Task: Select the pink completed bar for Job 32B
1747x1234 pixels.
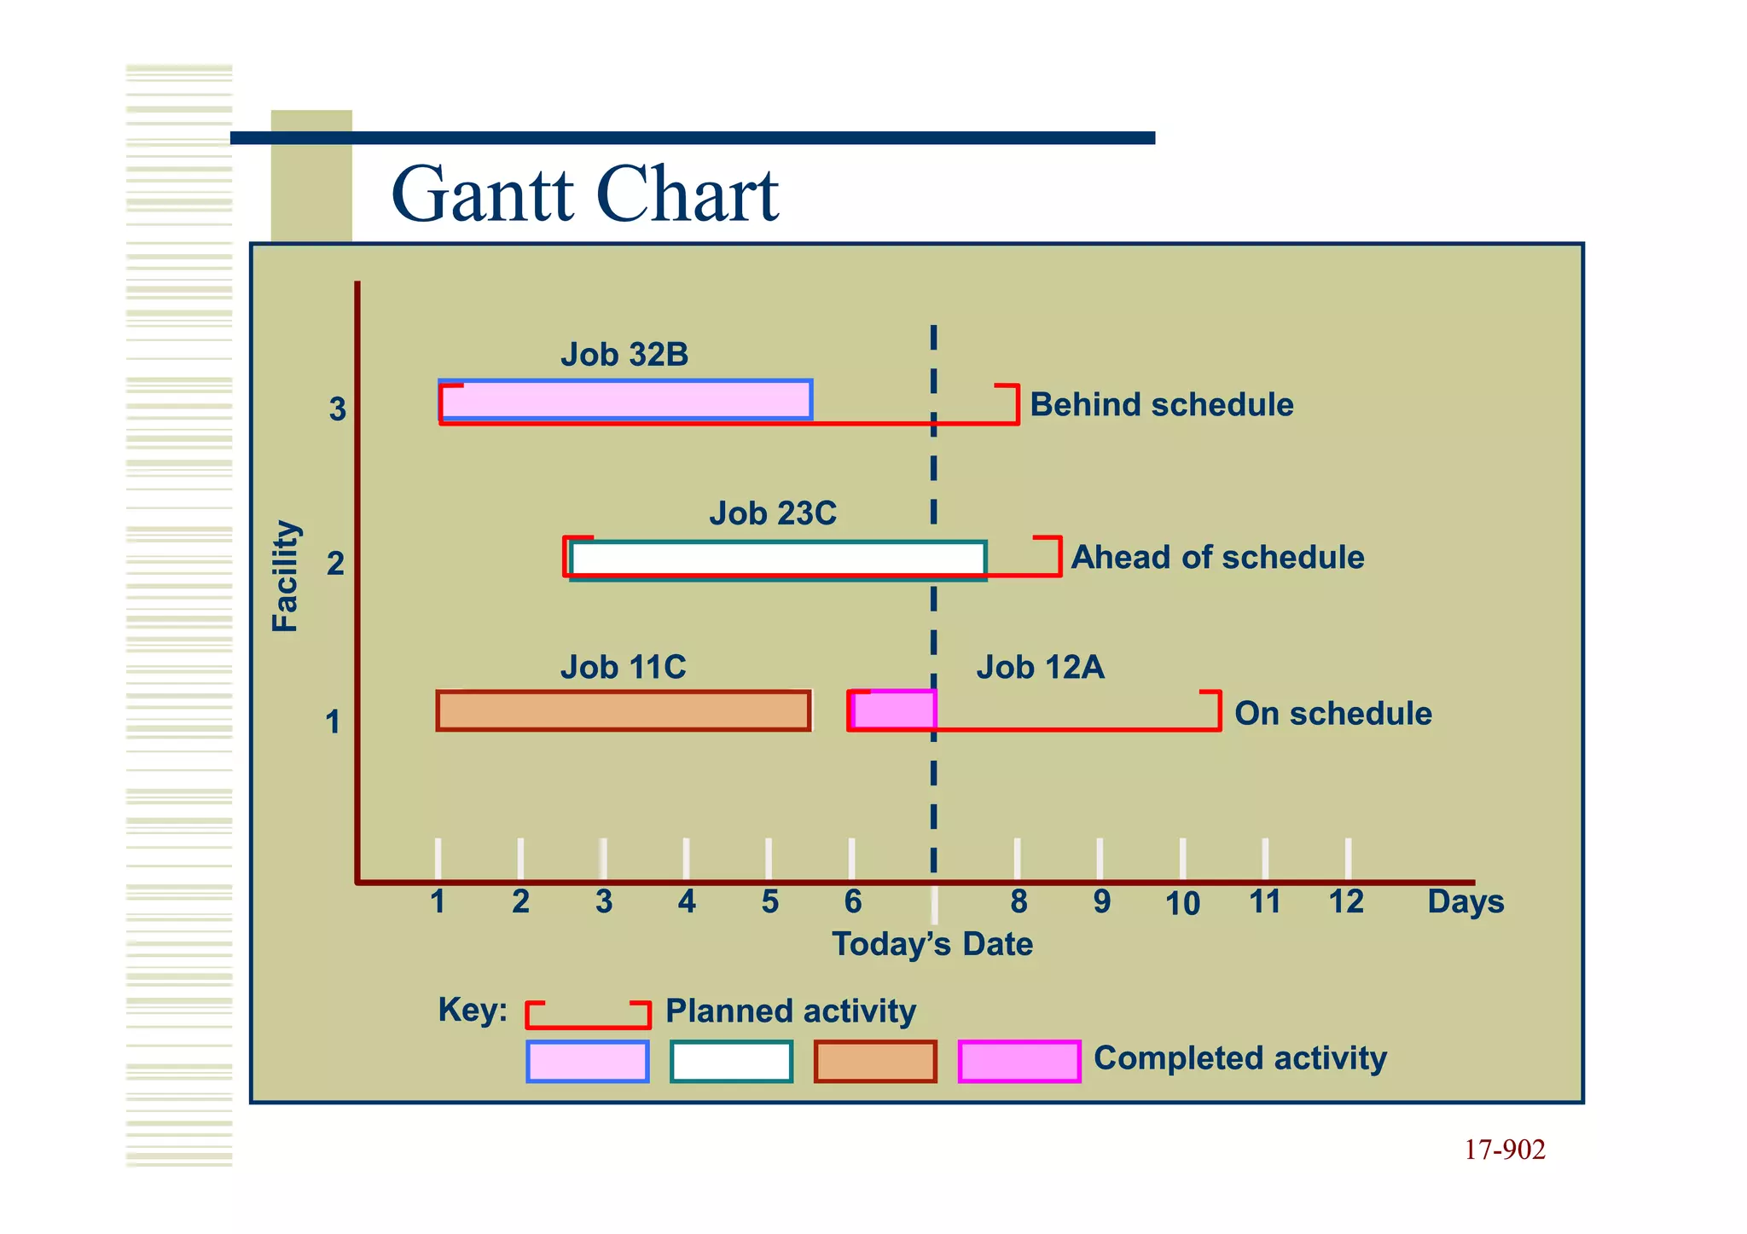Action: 625,400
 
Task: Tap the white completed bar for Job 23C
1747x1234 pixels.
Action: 778,559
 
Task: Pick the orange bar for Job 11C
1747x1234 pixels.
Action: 623,711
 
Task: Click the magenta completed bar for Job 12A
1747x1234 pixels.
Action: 894,710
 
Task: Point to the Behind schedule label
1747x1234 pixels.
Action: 1161,404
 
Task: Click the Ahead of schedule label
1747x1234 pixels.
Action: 1217,557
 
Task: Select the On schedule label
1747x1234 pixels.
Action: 1332,713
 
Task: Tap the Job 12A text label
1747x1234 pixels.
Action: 1040,667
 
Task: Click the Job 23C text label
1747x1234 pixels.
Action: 773,513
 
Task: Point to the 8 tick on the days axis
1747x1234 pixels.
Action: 1018,901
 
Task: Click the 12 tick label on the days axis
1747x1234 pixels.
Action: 1346,901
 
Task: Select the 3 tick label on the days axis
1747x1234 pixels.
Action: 604,901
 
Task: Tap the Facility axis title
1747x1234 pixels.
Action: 285,576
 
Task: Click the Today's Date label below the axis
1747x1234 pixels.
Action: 932,944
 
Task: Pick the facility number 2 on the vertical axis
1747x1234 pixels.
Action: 335,564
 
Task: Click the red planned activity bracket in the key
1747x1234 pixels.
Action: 588,1015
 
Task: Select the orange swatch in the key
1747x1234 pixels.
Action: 875,1062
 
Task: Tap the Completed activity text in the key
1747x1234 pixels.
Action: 1239,1057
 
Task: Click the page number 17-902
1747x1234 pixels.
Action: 1504,1150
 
